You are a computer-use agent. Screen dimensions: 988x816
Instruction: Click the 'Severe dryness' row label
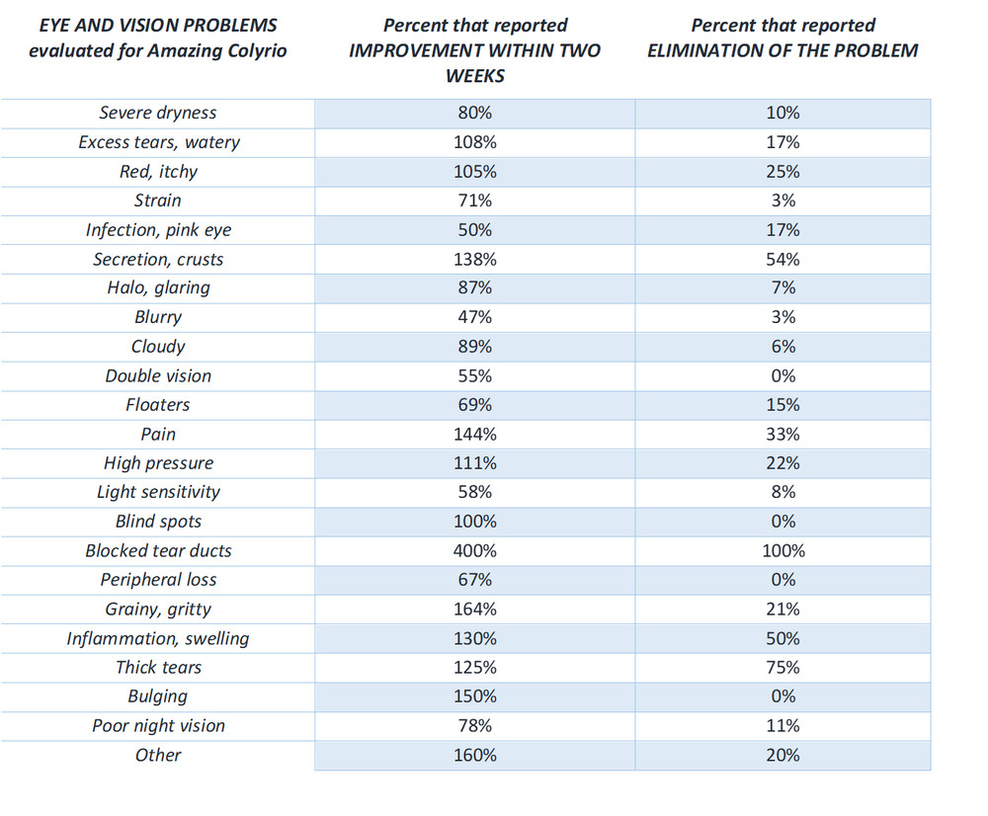tap(157, 113)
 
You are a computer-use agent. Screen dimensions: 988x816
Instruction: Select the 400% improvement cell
tap(475, 550)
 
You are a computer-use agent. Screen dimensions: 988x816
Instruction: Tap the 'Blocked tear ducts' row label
tap(158, 550)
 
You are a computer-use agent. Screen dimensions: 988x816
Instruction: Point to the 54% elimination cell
tap(782, 259)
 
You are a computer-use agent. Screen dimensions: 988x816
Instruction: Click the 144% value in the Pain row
tap(475, 434)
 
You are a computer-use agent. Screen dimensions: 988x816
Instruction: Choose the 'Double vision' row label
tap(158, 376)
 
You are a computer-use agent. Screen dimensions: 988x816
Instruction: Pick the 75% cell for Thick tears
tap(782, 667)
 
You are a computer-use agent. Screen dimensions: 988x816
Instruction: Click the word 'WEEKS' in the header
tap(475, 76)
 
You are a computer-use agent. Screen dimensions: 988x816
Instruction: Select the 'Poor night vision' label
tap(158, 726)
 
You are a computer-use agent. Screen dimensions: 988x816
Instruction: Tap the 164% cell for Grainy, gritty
tap(475, 610)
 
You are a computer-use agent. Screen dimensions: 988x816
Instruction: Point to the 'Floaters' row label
tap(157, 404)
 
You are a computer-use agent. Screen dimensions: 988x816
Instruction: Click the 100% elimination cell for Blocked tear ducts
tap(783, 550)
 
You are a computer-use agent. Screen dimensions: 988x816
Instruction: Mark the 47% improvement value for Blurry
tap(475, 317)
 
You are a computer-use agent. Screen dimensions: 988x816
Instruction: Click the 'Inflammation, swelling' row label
tap(158, 639)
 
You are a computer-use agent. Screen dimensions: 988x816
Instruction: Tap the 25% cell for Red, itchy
tap(782, 171)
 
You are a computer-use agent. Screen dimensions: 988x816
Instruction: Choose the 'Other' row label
tap(158, 755)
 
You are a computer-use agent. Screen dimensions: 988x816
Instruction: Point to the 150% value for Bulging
tap(475, 696)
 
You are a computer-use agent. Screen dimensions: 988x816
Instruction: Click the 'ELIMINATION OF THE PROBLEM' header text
tap(782, 50)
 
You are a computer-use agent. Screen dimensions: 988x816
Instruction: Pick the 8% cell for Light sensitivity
tap(783, 492)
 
